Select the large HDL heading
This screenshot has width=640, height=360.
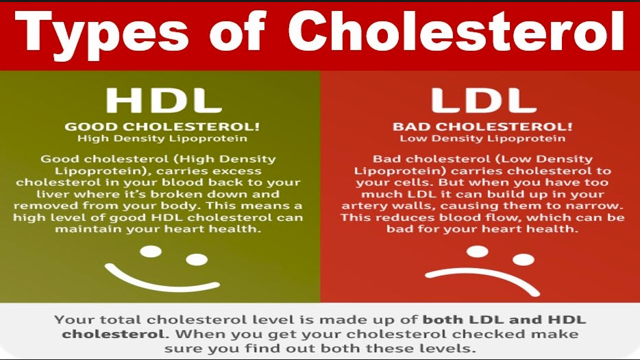point(164,100)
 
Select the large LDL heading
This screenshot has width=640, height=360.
point(484,100)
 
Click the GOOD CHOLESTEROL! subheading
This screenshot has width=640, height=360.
point(162,127)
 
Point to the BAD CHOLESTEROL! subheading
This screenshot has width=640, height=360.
point(482,127)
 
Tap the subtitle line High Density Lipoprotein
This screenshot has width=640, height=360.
point(162,139)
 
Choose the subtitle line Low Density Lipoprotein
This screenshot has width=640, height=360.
point(482,139)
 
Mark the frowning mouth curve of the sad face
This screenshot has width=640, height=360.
point(482,274)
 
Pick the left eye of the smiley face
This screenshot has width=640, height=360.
point(151,252)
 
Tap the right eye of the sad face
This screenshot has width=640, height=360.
point(524,259)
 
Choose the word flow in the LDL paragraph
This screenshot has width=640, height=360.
point(501,217)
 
